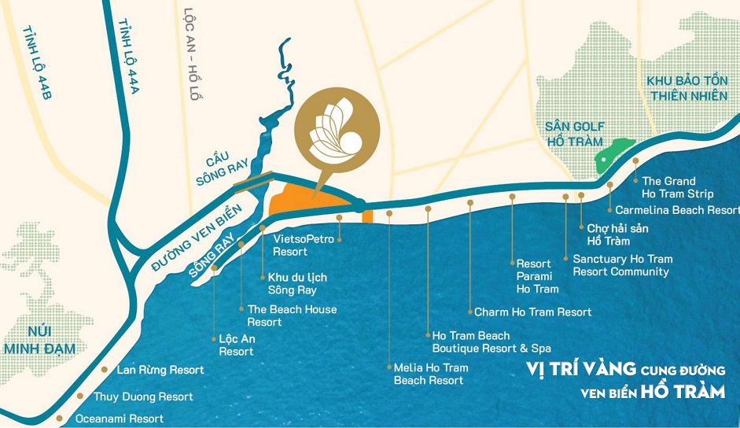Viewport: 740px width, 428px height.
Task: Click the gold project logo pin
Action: [x=336, y=131]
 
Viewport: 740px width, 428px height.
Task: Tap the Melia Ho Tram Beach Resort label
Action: [x=430, y=374]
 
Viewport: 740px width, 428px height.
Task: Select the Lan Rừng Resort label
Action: [x=160, y=370]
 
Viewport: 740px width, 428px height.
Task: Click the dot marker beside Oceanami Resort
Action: [x=60, y=419]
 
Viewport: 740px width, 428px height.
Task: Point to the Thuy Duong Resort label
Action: [x=143, y=397]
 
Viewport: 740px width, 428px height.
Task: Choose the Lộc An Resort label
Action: [x=237, y=345]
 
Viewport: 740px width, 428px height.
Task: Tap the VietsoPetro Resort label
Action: [x=303, y=245]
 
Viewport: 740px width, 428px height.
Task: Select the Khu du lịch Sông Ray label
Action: [x=296, y=283]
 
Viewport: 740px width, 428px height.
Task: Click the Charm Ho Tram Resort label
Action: [x=532, y=312]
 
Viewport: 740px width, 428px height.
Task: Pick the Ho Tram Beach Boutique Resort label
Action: [x=491, y=342]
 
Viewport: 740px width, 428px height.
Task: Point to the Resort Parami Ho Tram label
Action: [x=537, y=276]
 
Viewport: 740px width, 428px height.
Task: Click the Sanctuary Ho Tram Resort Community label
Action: [x=622, y=265]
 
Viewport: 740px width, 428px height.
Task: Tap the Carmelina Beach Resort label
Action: [x=677, y=210]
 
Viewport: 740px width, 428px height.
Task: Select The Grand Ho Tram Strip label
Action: [x=677, y=187]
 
